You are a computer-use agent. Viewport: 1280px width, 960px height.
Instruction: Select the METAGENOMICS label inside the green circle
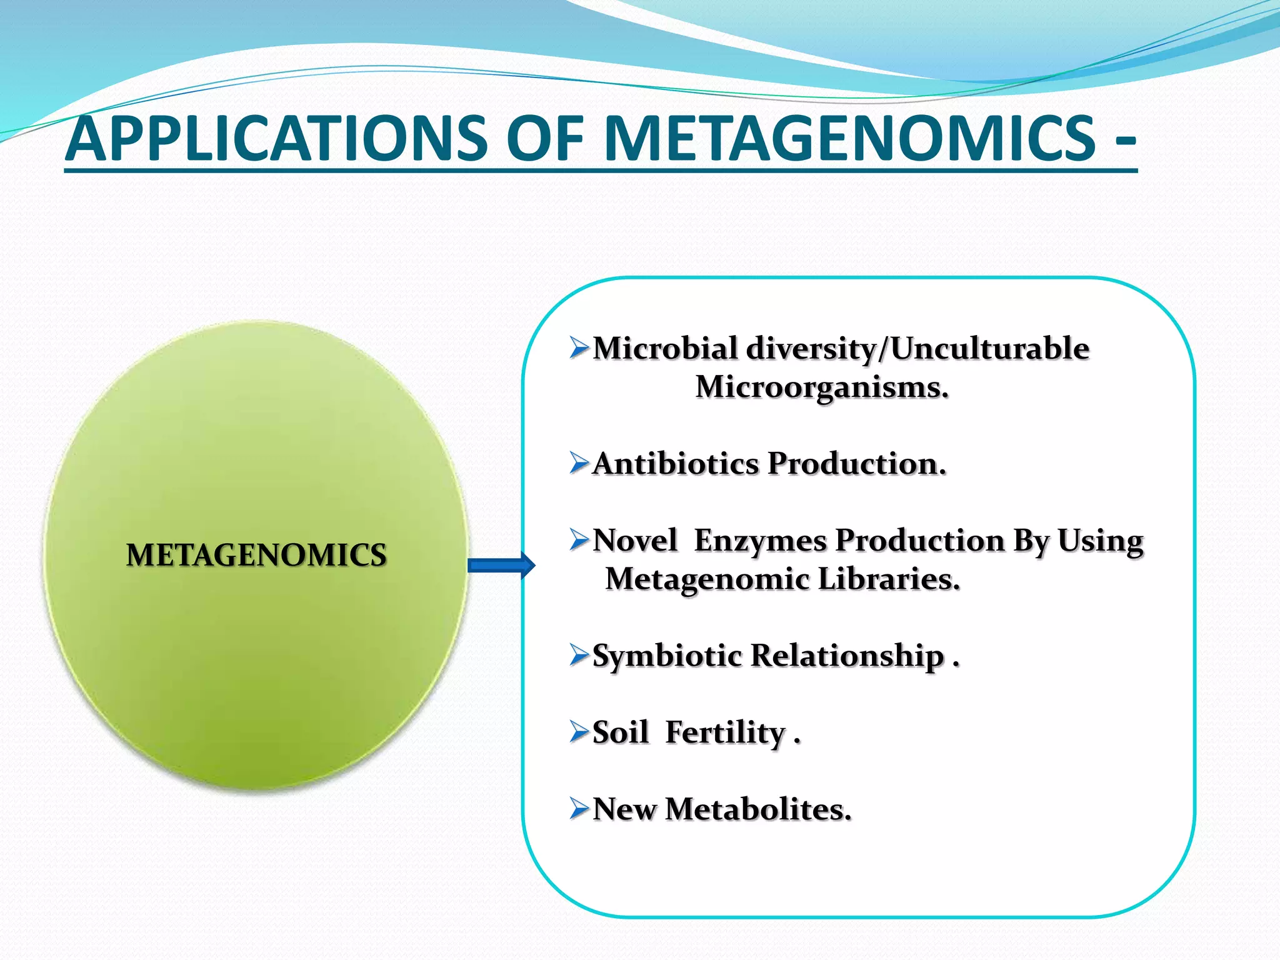pos(256,555)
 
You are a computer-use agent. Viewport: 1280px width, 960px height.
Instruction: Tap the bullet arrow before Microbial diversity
pos(579,348)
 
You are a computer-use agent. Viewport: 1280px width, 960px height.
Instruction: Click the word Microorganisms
pos(821,387)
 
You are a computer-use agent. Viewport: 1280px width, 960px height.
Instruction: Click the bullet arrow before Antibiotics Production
pos(579,464)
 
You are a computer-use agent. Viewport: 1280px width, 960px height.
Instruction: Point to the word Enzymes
pos(760,541)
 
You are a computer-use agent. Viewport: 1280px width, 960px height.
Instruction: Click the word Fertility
pos(725,733)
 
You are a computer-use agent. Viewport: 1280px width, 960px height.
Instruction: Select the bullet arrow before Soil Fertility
pos(579,732)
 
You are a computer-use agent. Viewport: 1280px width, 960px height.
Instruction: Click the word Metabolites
pos(757,809)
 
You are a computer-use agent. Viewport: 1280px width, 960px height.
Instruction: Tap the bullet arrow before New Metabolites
pos(579,809)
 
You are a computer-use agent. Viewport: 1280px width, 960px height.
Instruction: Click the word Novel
pos(634,541)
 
